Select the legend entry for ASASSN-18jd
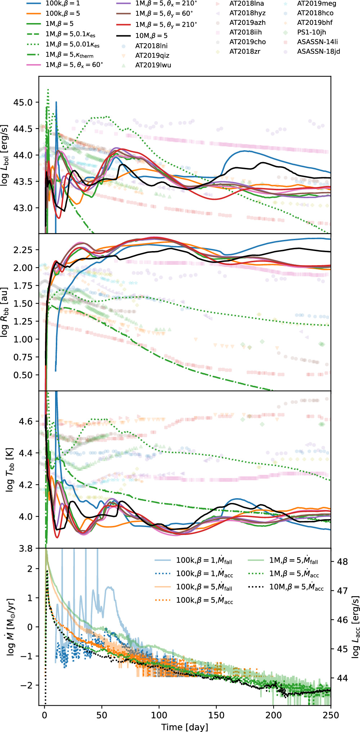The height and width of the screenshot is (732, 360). click(318, 51)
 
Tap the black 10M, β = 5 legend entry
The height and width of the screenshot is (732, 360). click(151, 36)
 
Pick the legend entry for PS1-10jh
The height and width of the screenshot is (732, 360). click(311, 32)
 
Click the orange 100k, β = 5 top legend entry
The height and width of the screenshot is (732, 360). click(63, 13)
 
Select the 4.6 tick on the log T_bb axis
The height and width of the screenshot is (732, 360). click(26, 421)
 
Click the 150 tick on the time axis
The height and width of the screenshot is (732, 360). click(216, 715)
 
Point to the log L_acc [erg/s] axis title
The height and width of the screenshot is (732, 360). click(355, 627)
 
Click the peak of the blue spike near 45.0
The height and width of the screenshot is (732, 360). click(56, 102)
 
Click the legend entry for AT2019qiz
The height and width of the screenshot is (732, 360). click(152, 55)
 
